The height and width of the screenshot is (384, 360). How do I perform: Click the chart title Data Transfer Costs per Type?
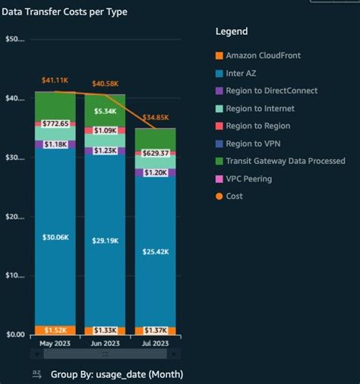coord(65,12)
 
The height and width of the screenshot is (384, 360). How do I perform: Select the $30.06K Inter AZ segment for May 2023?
coord(55,236)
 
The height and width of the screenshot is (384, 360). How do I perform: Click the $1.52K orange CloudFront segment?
coord(55,330)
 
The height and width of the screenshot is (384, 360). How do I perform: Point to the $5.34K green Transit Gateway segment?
coord(104,110)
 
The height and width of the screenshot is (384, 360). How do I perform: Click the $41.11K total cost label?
coord(55,80)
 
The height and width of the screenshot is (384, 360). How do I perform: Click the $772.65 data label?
coord(55,123)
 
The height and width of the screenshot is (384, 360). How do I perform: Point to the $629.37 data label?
coord(155,153)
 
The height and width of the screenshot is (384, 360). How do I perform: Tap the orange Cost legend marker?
coord(219,197)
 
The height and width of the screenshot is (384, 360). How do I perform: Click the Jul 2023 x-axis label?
coord(155,344)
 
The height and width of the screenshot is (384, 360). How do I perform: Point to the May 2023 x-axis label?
coord(55,344)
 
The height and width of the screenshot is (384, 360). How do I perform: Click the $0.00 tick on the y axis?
coord(15,335)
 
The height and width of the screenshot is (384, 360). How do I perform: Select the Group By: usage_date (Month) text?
coord(116,374)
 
